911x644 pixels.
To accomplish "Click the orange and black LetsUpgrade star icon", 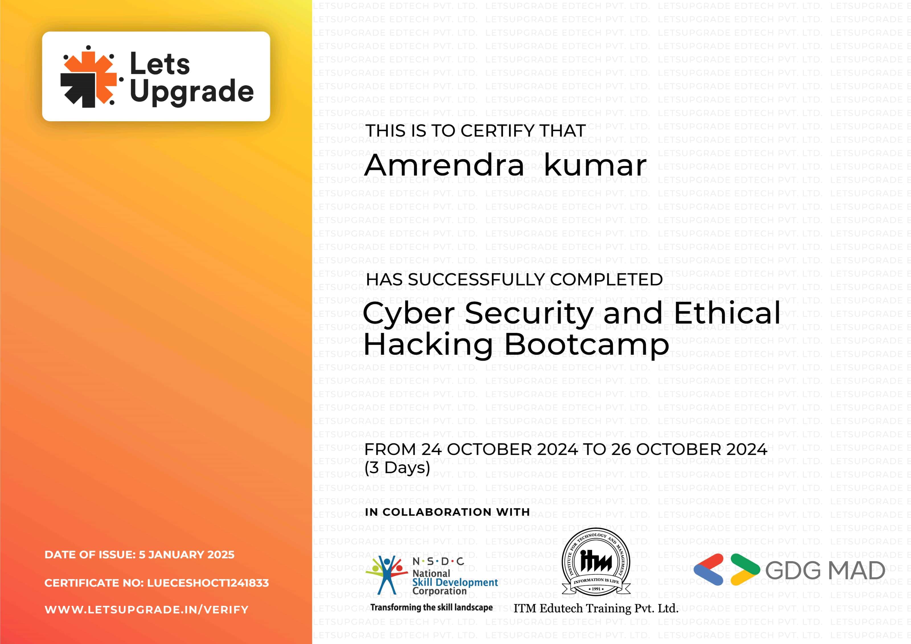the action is pyautogui.click(x=89, y=77).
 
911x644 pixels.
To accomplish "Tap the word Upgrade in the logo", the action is pyautogui.click(x=192, y=91).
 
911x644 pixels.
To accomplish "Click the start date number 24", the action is pyautogui.click(x=432, y=450).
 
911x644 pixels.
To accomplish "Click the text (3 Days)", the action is pyautogui.click(x=397, y=468).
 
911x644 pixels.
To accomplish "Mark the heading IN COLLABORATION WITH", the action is pyautogui.click(x=448, y=512).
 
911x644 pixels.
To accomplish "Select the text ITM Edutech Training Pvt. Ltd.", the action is pyautogui.click(x=596, y=608).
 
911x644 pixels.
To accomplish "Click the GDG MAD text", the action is pyautogui.click(x=825, y=571).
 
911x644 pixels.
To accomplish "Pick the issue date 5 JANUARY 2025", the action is pyautogui.click(x=186, y=555).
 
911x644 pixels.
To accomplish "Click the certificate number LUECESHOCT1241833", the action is pyautogui.click(x=208, y=583).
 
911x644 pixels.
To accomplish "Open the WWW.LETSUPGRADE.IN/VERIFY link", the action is pyautogui.click(x=146, y=610).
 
